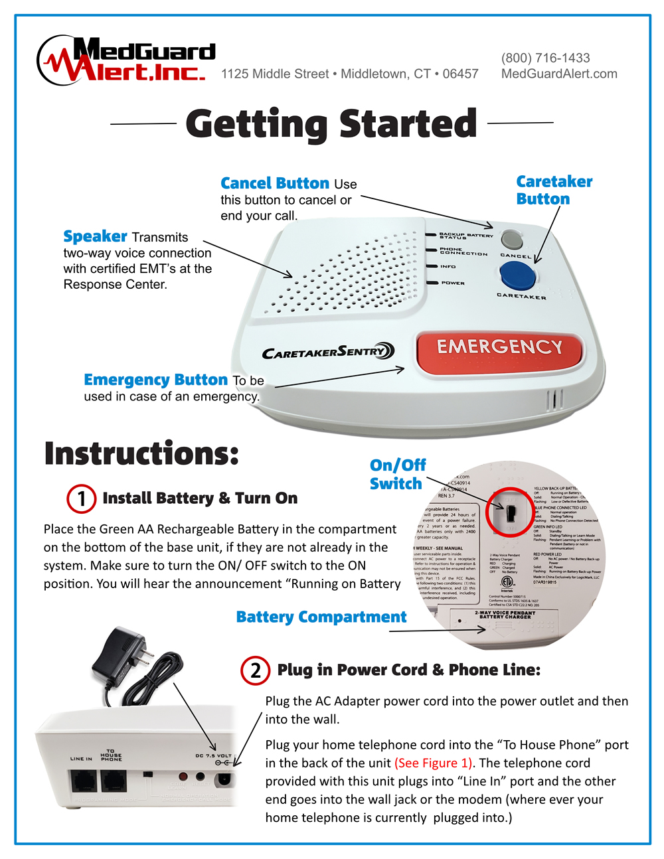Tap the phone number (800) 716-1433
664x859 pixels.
tap(545, 58)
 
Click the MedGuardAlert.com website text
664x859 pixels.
tap(558, 74)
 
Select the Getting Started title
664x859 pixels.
tap(331, 124)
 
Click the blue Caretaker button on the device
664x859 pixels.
tap(517, 274)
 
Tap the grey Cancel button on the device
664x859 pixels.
tap(512, 239)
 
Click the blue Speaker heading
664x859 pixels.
tap(95, 236)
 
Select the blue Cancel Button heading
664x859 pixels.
tap(274, 183)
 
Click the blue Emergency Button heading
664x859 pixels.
tap(155, 380)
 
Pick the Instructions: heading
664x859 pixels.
tap(141, 453)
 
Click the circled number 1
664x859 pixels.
tap(82, 499)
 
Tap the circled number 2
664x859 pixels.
tap(256, 670)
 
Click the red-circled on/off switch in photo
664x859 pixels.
tap(510, 512)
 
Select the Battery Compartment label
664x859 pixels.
tap(321, 617)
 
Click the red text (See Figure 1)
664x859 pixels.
tap(434, 763)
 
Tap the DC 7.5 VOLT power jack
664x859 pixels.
tap(224, 778)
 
